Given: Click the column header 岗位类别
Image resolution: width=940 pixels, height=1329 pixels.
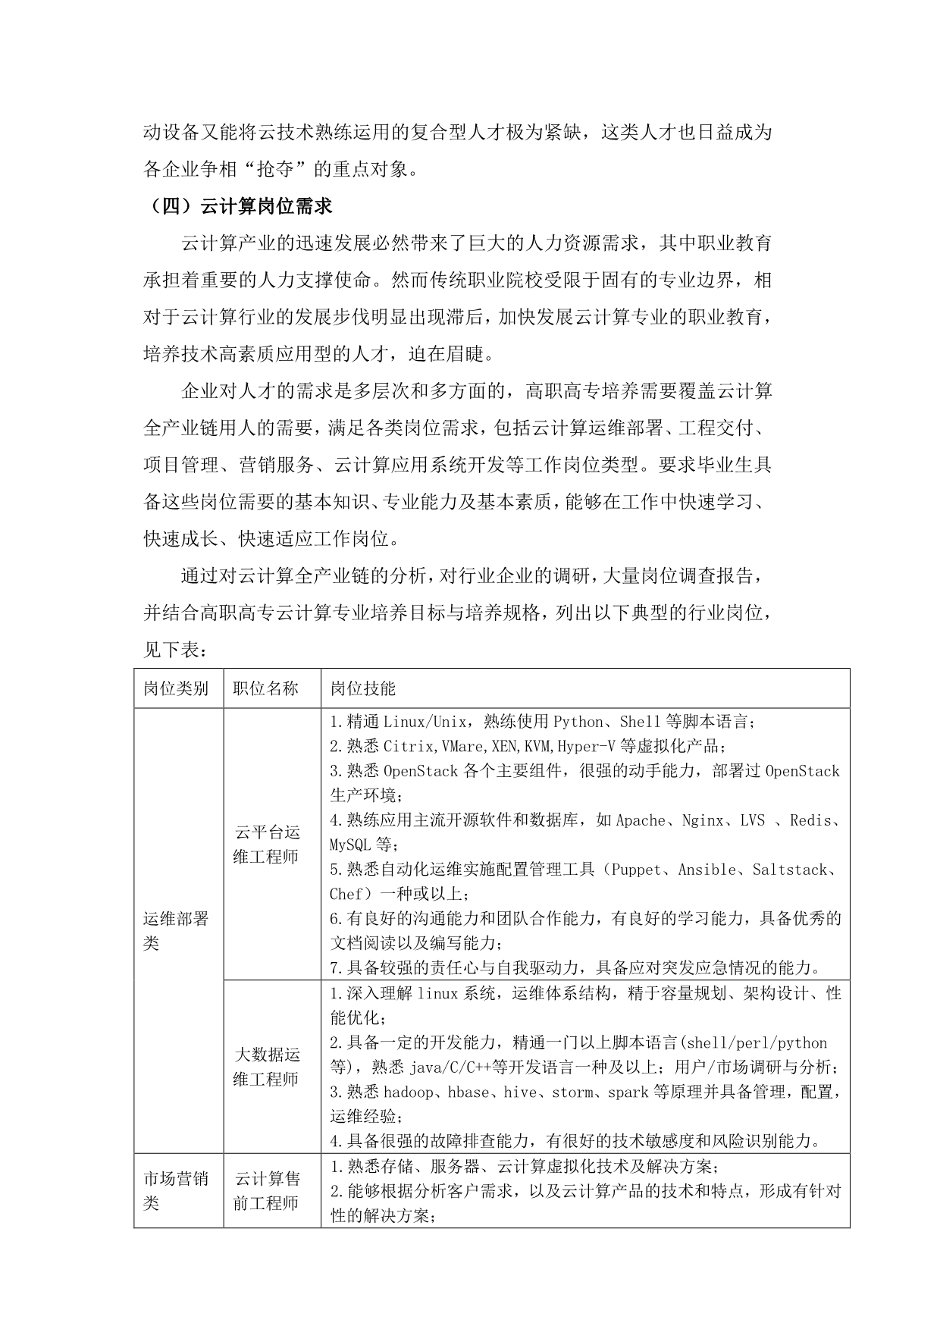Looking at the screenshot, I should pyautogui.click(x=176, y=688).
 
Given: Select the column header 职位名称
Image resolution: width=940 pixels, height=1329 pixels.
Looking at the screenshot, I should pyautogui.click(x=266, y=688).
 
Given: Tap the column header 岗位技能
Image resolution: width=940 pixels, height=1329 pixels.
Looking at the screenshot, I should pyautogui.click(x=362, y=688).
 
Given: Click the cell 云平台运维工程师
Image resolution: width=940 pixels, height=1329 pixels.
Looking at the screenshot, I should pyautogui.click(x=267, y=845).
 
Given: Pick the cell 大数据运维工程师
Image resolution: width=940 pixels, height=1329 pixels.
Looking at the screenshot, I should pyautogui.click(x=267, y=1067).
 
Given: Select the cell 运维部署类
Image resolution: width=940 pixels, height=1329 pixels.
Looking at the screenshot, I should pyautogui.click(x=176, y=931).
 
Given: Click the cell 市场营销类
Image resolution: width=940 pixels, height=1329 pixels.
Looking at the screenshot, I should pyautogui.click(x=176, y=1191).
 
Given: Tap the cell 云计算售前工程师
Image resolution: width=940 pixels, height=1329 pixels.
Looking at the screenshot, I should pyautogui.click(x=267, y=1191).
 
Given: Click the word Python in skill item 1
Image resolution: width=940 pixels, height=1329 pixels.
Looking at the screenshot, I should pyautogui.click(x=578, y=722).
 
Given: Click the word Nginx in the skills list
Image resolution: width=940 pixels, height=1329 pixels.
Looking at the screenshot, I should pyautogui.click(x=702, y=820).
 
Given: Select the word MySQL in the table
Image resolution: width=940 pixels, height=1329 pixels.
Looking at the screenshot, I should pyautogui.click(x=350, y=845).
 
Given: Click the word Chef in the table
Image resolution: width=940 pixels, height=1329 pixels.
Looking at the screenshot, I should pyautogui.click(x=346, y=894).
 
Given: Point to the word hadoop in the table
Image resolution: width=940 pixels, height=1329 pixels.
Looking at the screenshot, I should pyautogui.click(x=409, y=1092).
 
